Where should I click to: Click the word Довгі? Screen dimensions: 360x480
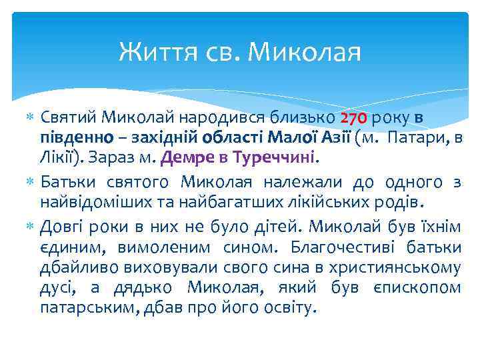63,226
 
